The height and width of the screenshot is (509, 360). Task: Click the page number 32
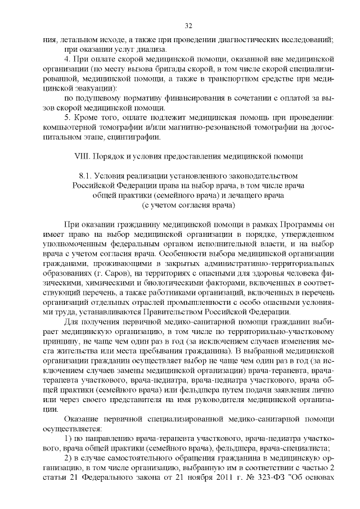pos(188,25)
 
